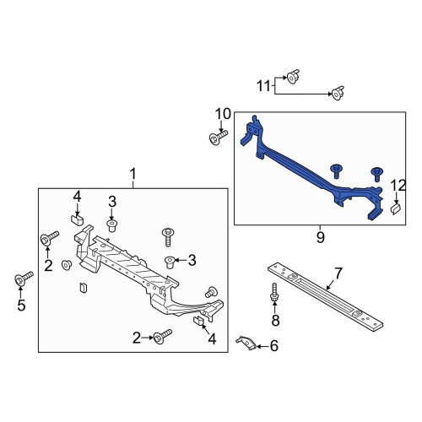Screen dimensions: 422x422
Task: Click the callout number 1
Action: click(x=133, y=174)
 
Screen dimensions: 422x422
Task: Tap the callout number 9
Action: click(x=320, y=238)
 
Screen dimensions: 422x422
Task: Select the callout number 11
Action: click(x=263, y=86)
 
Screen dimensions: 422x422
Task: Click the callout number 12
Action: click(x=398, y=186)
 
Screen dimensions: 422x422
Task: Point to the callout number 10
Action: click(x=223, y=114)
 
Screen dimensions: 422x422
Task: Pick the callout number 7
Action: click(x=338, y=273)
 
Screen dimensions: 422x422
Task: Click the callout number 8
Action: click(x=275, y=320)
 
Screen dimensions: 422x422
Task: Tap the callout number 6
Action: click(x=274, y=346)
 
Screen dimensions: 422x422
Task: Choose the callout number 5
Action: click(x=21, y=306)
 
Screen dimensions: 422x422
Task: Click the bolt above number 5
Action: click(x=24, y=279)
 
